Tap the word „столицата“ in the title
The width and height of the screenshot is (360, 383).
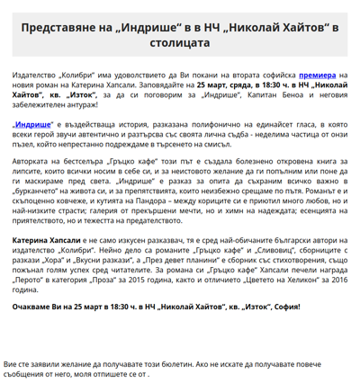point(180,46)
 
